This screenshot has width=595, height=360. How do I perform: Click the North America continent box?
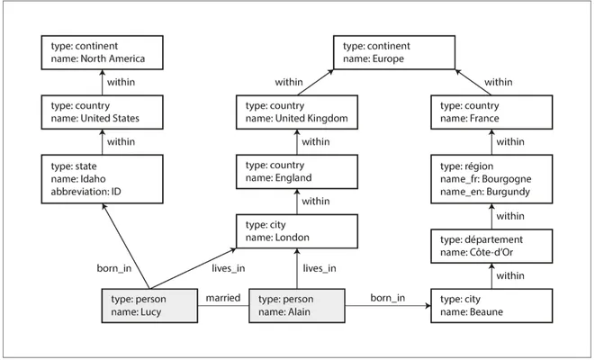coord(102,53)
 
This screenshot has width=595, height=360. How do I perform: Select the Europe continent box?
coord(394,53)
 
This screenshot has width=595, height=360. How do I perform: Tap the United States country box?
coord(102,112)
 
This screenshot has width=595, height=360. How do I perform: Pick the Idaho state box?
coord(102,179)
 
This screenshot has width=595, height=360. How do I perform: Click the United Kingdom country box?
coord(297,112)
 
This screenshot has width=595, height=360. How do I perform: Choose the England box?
coord(297,172)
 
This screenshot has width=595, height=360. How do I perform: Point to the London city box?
coord(297,231)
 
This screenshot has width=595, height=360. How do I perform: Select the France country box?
coord(491,112)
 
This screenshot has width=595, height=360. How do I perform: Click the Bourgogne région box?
coord(491,179)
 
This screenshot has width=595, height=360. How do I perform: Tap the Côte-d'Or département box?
coord(491,247)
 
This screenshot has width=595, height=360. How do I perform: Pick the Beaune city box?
coord(491,306)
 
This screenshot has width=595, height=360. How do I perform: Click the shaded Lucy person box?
coord(149,306)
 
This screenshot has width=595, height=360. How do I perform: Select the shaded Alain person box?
coord(297,306)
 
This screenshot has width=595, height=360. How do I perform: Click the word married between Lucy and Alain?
coord(223,298)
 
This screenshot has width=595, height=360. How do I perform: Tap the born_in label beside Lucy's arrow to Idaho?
coord(114,268)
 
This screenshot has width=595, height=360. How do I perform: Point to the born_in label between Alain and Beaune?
coord(388,298)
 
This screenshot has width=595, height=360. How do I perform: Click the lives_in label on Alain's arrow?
coord(320,268)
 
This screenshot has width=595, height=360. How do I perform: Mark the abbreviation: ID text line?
coord(86,192)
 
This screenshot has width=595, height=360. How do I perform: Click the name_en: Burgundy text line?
coord(485,192)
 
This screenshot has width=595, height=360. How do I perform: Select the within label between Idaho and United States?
coord(121,142)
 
